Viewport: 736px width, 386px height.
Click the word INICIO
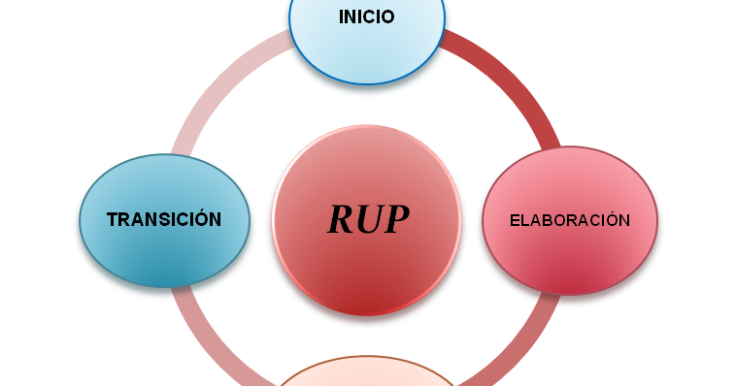point(366,17)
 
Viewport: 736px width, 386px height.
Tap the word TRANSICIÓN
point(164,220)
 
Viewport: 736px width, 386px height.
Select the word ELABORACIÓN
point(570,221)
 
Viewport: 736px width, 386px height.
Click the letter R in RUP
point(341,220)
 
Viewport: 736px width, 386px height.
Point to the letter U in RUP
point(370,220)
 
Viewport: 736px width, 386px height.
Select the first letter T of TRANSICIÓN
point(112,220)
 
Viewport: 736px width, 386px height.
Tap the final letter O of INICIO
point(387,17)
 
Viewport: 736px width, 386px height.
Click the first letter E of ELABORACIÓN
point(516,221)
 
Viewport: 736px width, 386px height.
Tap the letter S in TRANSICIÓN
point(166,220)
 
